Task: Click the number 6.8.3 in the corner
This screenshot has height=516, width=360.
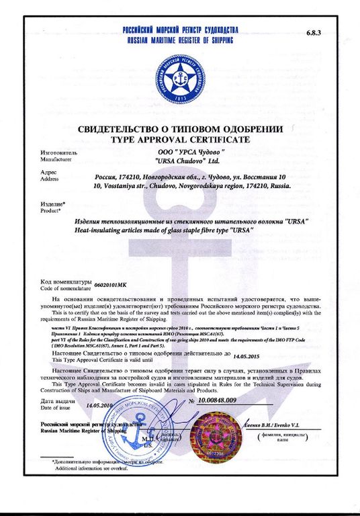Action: (315, 32)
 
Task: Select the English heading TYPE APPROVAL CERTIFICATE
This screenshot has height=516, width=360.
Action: (180, 139)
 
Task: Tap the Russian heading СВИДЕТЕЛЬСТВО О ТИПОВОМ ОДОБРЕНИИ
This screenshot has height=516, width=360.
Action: (180, 129)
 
